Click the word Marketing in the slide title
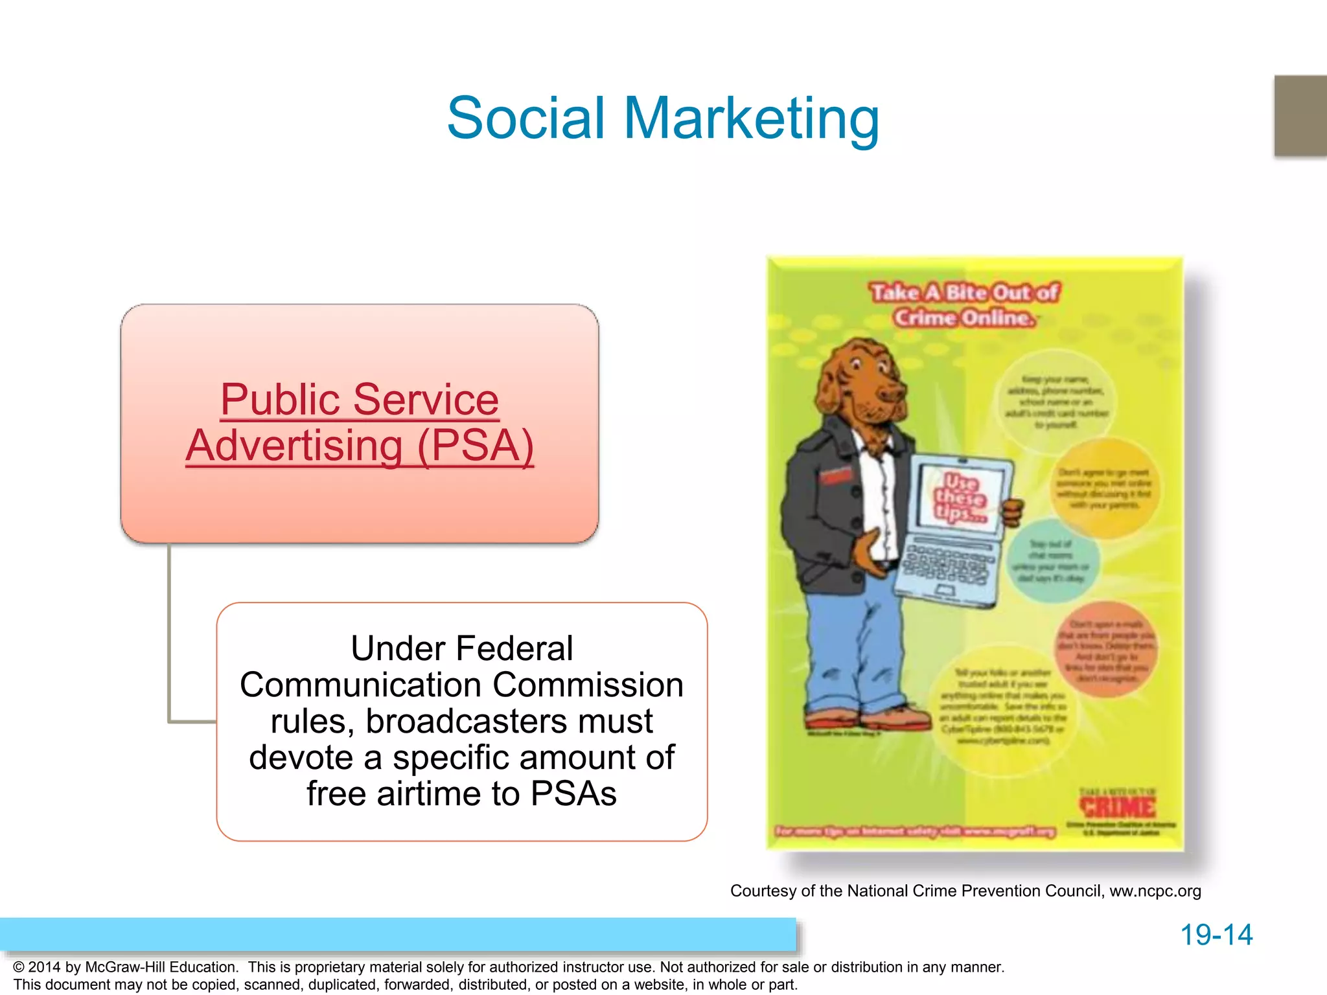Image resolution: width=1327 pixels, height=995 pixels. click(x=751, y=118)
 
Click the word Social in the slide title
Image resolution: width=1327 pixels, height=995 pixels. click(x=525, y=118)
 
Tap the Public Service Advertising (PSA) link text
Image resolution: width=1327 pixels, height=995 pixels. click(x=360, y=422)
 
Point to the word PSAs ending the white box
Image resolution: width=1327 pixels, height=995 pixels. click(x=573, y=794)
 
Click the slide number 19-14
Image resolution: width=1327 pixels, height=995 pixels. click(x=1216, y=935)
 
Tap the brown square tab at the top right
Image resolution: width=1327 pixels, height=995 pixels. click(x=1300, y=115)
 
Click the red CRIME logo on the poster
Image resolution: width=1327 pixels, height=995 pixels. click(x=1117, y=807)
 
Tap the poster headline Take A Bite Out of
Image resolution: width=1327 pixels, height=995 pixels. click(x=964, y=293)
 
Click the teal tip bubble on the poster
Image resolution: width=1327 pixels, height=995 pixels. click(x=1052, y=561)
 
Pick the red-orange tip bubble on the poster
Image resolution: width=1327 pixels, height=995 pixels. click(x=1106, y=650)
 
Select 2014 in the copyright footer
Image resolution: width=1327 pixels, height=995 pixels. click(x=45, y=967)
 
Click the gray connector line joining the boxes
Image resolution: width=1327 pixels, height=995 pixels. click(x=170, y=635)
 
